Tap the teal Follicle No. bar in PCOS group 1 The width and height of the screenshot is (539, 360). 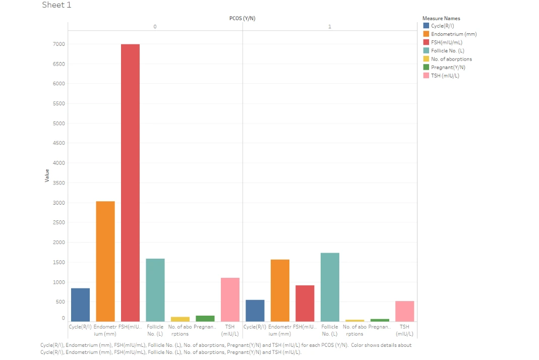[330, 287]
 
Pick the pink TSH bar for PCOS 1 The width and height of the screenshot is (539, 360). [404, 311]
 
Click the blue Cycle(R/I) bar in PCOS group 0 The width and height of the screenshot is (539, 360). [80, 305]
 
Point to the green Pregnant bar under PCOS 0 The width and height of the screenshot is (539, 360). [205, 318]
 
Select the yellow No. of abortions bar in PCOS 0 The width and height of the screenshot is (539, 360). [180, 319]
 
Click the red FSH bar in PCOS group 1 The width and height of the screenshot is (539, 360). [305, 303]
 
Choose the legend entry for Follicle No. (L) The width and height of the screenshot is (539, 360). [448, 50]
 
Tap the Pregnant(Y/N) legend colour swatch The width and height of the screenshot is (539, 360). [426, 67]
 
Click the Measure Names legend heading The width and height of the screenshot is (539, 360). [441, 18]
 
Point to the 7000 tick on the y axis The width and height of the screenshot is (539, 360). [58, 44]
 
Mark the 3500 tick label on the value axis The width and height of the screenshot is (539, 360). [58, 183]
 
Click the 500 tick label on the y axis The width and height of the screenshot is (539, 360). [60, 302]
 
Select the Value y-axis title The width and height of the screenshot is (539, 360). [47, 175]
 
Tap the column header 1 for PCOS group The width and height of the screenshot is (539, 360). [330, 26]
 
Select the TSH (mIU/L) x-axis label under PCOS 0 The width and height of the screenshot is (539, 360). [230, 330]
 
